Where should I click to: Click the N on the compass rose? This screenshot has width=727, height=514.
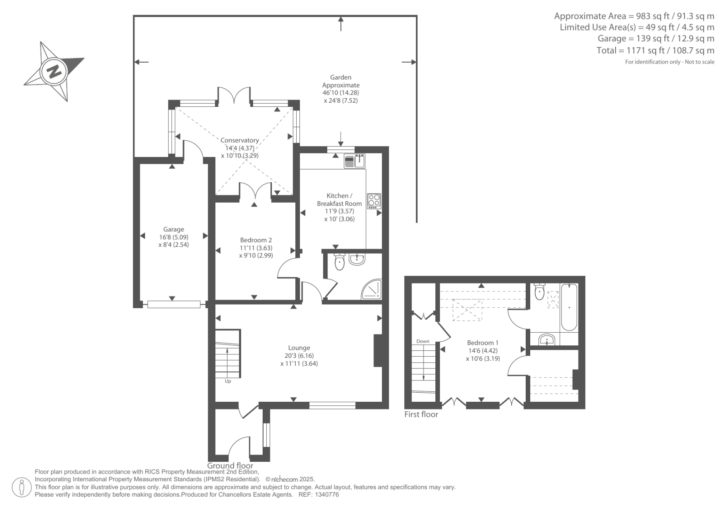[x=54, y=71]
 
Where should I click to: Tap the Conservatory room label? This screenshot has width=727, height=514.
[x=239, y=140]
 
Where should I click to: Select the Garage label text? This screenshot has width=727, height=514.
[x=174, y=229]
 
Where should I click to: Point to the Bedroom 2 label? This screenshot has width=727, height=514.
[x=256, y=240]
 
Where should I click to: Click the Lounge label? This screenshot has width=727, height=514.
[x=299, y=348]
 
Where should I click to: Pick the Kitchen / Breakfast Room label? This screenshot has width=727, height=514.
[x=339, y=200]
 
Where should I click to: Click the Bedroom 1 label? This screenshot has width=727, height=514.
[x=483, y=343]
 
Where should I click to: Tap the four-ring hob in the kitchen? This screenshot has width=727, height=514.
[x=374, y=201]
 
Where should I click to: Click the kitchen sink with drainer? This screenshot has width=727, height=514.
[x=354, y=161]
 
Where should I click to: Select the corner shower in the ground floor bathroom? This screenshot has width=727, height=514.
[x=372, y=289]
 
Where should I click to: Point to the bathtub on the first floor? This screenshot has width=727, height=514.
[x=569, y=307]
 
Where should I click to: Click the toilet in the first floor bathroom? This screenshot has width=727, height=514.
[x=539, y=292]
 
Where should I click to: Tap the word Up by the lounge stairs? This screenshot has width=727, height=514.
[x=228, y=381]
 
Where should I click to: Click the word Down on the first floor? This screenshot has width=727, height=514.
[x=423, y=341]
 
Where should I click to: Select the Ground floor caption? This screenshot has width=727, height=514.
[x=230, y=466]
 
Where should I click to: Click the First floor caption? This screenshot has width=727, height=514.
[x=421, y=414]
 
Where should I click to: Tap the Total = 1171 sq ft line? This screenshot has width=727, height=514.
[x=655, y=50]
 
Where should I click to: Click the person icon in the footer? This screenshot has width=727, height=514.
[x=22, y=487]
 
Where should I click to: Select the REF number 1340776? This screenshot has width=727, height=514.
[x=327, y=494]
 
